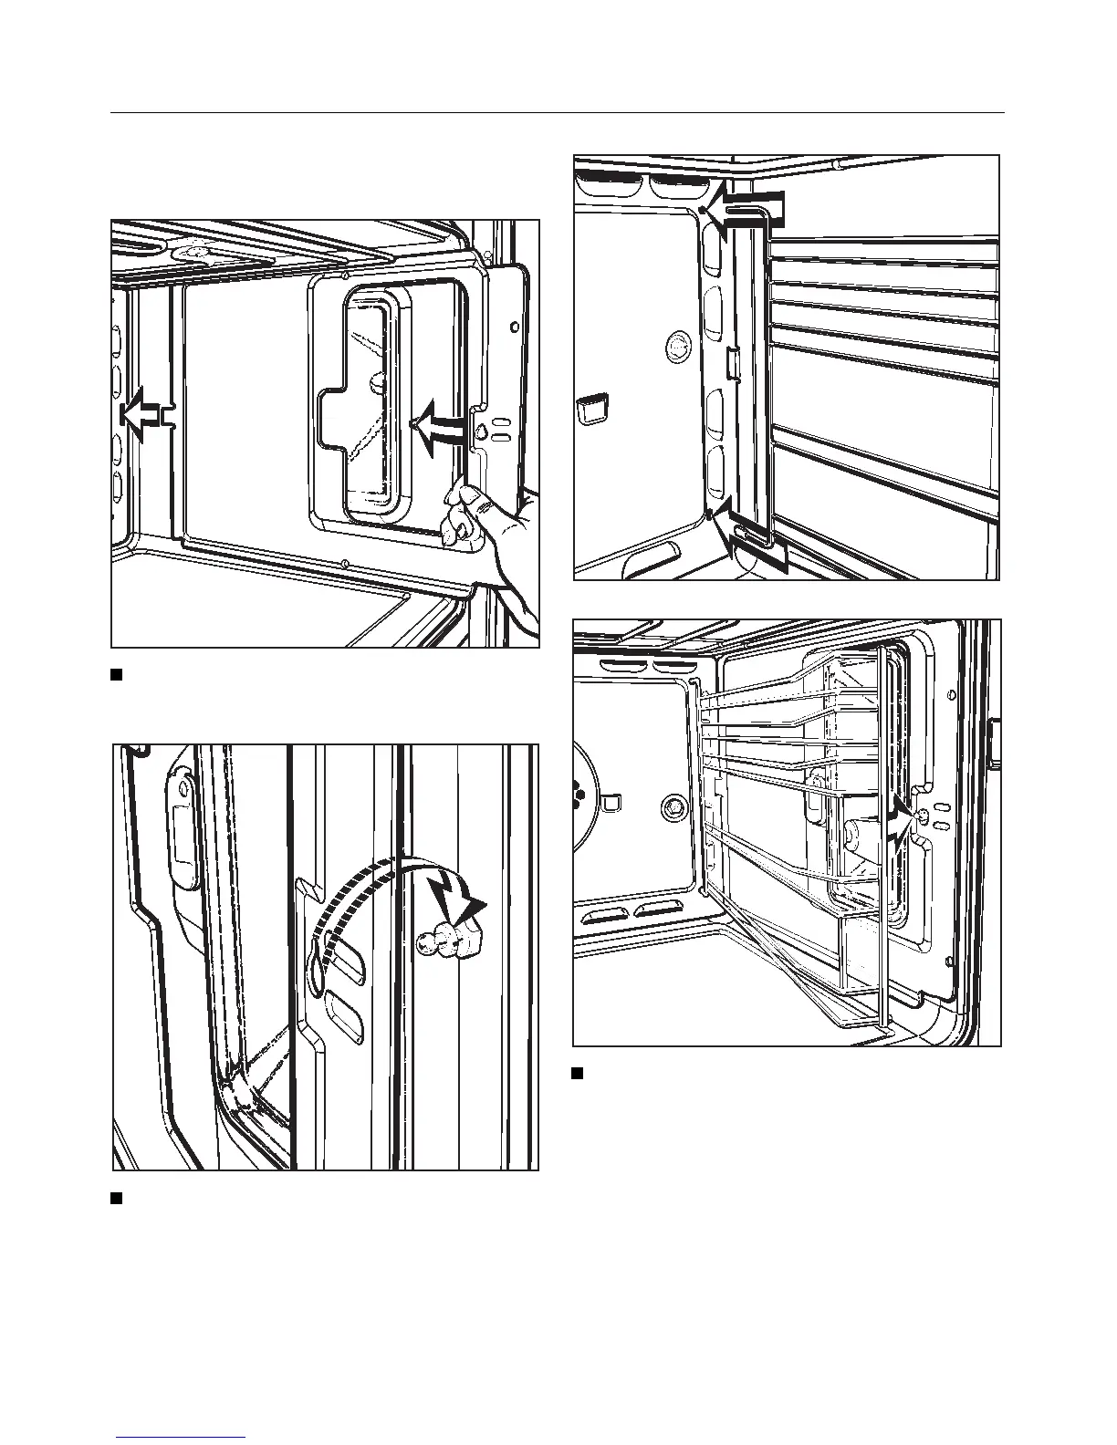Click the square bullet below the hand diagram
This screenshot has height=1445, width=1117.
116,675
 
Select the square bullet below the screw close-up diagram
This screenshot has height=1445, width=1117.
116,1198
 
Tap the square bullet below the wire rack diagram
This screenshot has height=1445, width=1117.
577,1072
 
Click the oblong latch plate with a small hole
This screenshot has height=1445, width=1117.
182,830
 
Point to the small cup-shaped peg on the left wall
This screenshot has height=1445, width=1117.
592,408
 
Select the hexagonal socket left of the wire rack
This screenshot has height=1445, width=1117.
673,806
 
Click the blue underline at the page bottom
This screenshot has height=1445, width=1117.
182,1437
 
